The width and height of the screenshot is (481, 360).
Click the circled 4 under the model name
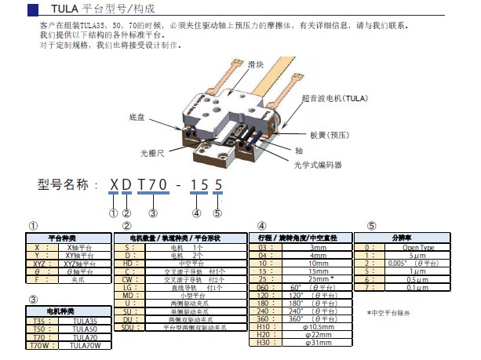(x=197, y=211)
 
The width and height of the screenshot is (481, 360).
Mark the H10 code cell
(x=264, y=326)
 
